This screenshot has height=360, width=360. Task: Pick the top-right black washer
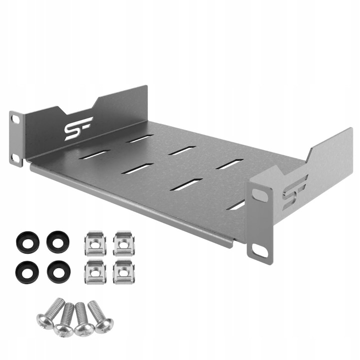coord(57,241)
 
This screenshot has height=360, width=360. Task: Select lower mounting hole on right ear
coord(260,250)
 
